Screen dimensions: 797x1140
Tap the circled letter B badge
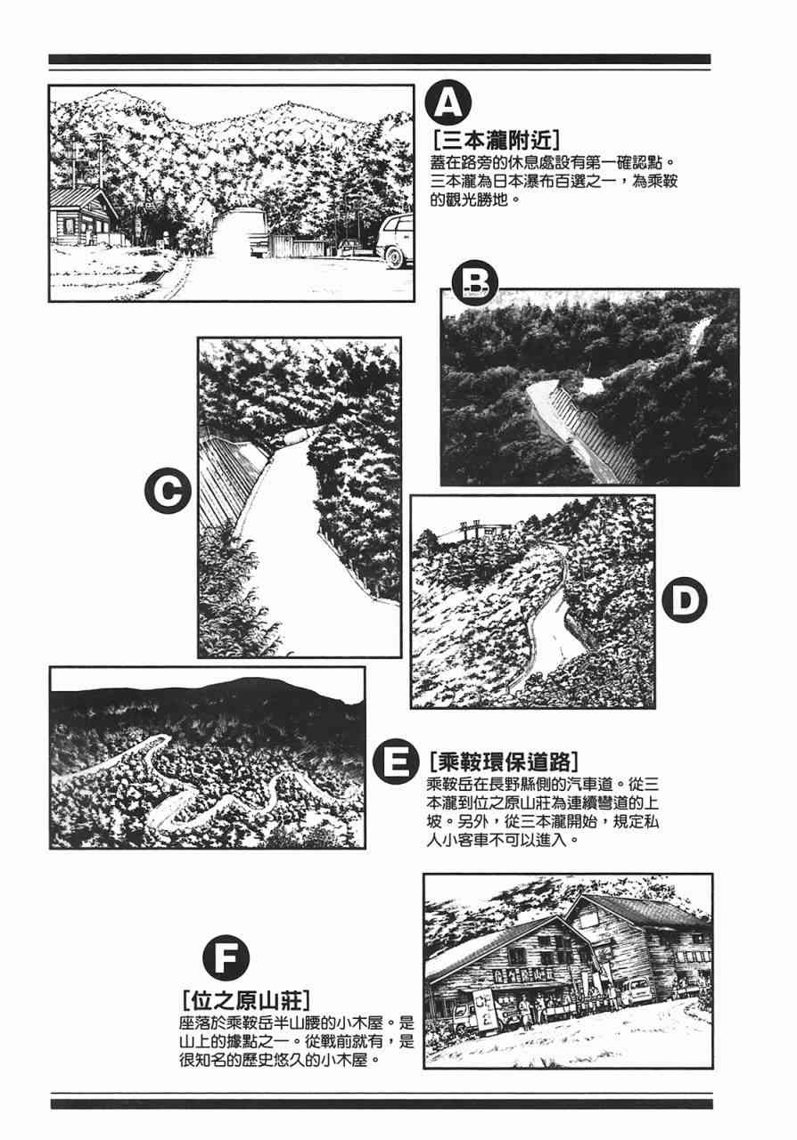[475, 283]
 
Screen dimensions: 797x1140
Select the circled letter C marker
[168, 491]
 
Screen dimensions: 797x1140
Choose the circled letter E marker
[396, 761]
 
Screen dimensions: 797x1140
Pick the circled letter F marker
[226, 957]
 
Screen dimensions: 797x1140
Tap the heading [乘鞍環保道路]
[504, 762]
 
